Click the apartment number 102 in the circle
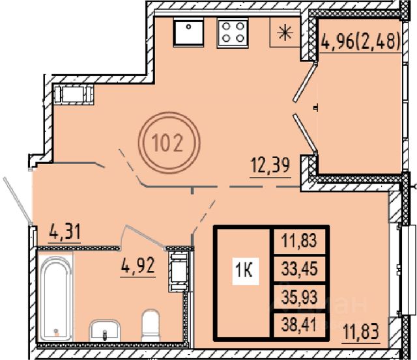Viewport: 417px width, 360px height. tap(167, 143)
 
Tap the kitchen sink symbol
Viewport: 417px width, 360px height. tap(189, 33)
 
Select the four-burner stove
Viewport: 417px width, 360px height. tap(233, 33)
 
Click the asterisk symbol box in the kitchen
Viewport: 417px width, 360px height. tap(285, 33)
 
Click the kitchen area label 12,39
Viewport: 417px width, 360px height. tap(270, 165)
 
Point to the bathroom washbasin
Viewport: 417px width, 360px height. tap(104, 330)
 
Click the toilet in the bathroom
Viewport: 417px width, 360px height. tap(151, 325)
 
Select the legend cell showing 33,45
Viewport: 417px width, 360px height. tap(300, 269)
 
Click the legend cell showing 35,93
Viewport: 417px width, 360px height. tap(300, 297)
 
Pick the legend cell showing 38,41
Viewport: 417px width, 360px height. tap(300, 325)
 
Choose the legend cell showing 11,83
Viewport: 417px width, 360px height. tap(300, 240)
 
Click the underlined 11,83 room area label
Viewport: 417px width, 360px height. tap(361, 331)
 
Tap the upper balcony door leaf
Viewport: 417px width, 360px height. tap(305, 82)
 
